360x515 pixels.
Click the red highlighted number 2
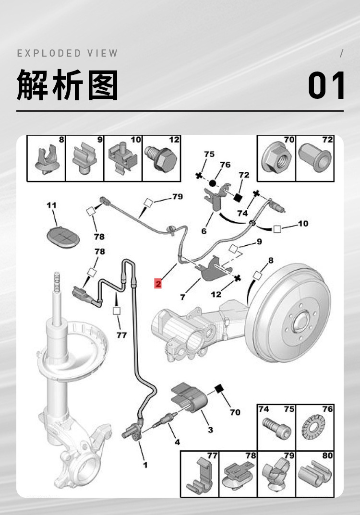[x=158, y=283]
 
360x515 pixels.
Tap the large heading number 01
[x=326, y=85]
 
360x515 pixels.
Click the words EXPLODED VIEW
[x=67, y=53]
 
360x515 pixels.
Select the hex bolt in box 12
[x=162, y=158]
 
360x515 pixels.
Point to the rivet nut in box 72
[x=315, y=157]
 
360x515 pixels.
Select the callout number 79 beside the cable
[x=178, y=196]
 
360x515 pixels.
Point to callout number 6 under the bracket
[x=204, y=231]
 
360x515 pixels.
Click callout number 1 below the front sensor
[x=145, y=465]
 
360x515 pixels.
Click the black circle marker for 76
[x=213, y=183]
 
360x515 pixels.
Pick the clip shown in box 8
[x=48, y=160]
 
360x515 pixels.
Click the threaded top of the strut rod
[x=57, y=281]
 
